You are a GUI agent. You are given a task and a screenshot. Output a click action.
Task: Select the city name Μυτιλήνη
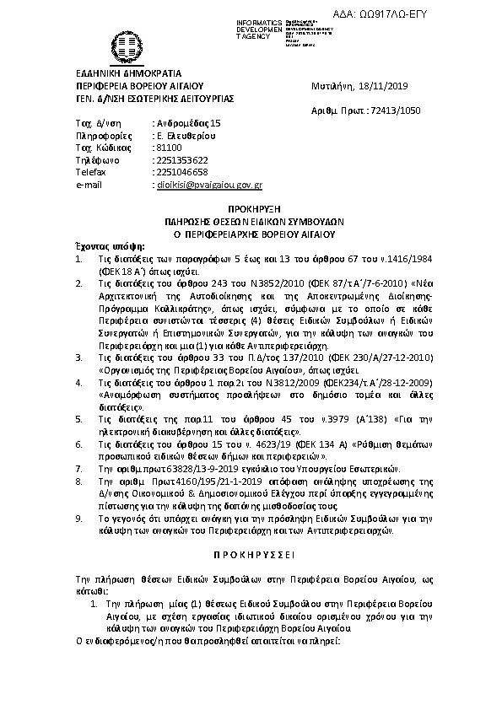coord(330,86)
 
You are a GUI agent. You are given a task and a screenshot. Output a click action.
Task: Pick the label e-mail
coord(89,183)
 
